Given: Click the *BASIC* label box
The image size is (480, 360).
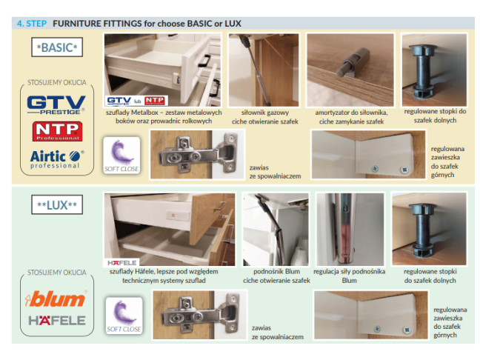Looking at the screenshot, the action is (57, 47).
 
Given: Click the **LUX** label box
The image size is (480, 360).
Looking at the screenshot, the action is (57, 204).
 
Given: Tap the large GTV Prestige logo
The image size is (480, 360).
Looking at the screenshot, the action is (56, 105).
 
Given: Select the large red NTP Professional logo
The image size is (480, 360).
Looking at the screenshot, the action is (57, 131).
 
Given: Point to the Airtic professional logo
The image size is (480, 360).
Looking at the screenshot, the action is (57, 159).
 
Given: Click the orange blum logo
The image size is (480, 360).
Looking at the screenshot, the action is (56, 299).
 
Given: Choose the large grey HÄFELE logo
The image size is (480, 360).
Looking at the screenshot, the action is (57, 321).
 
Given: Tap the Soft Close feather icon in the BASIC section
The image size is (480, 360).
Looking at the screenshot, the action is (121, 156).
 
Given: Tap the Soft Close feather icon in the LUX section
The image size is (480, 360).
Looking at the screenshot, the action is (124, 316).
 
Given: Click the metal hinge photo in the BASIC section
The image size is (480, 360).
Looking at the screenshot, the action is (198, 155).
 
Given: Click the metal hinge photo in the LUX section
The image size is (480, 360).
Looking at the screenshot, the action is (199, 315).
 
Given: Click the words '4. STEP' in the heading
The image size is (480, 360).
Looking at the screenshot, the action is (32, 24).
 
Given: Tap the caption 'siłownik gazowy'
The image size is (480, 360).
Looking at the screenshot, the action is (265, 113).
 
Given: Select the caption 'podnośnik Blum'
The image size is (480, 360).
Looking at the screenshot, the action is (276, 272).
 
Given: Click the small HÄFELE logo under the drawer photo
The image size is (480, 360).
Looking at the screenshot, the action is (121, 263).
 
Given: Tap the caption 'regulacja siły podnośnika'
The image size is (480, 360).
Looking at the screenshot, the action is (350, 272).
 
